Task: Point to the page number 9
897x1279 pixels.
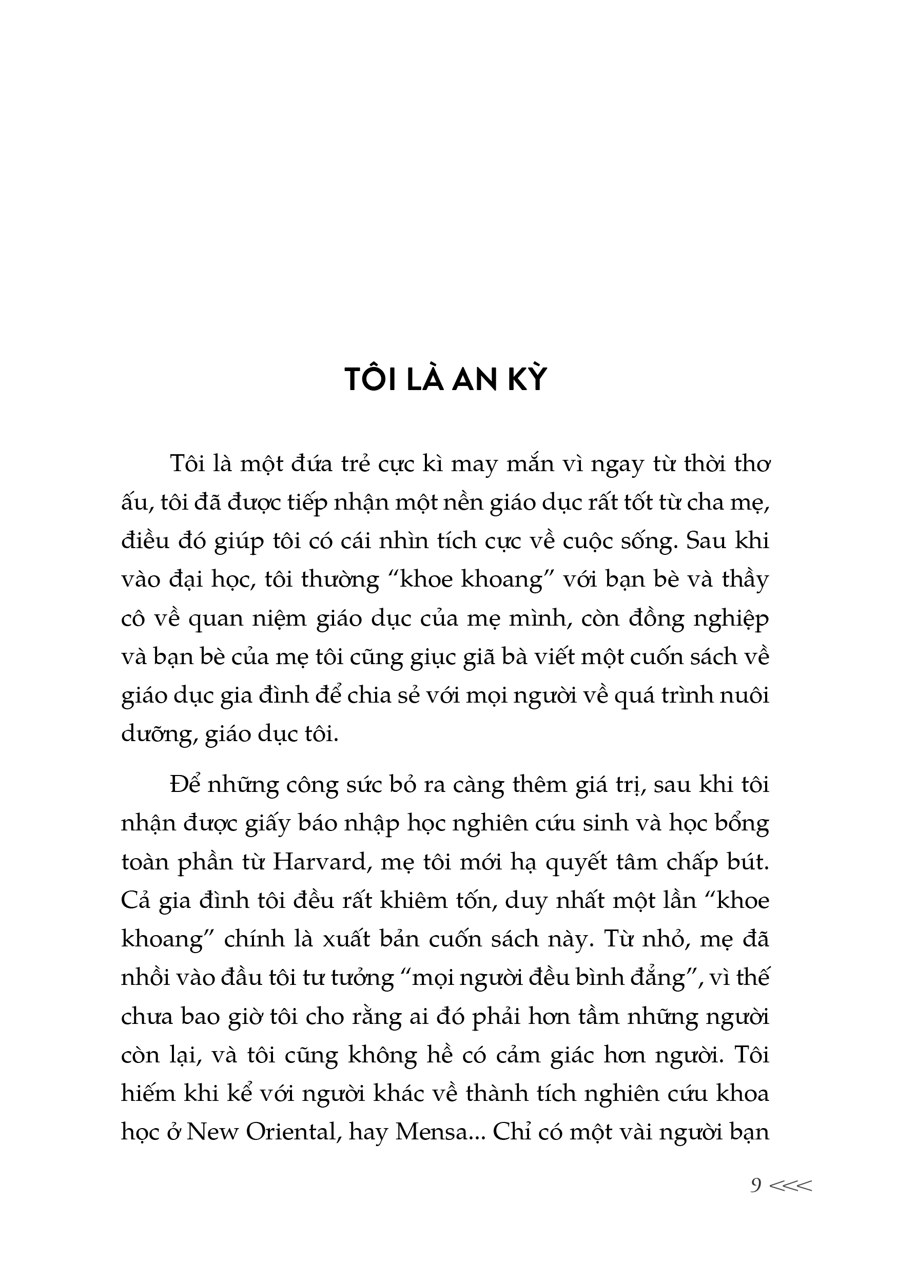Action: coord(755,1186)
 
